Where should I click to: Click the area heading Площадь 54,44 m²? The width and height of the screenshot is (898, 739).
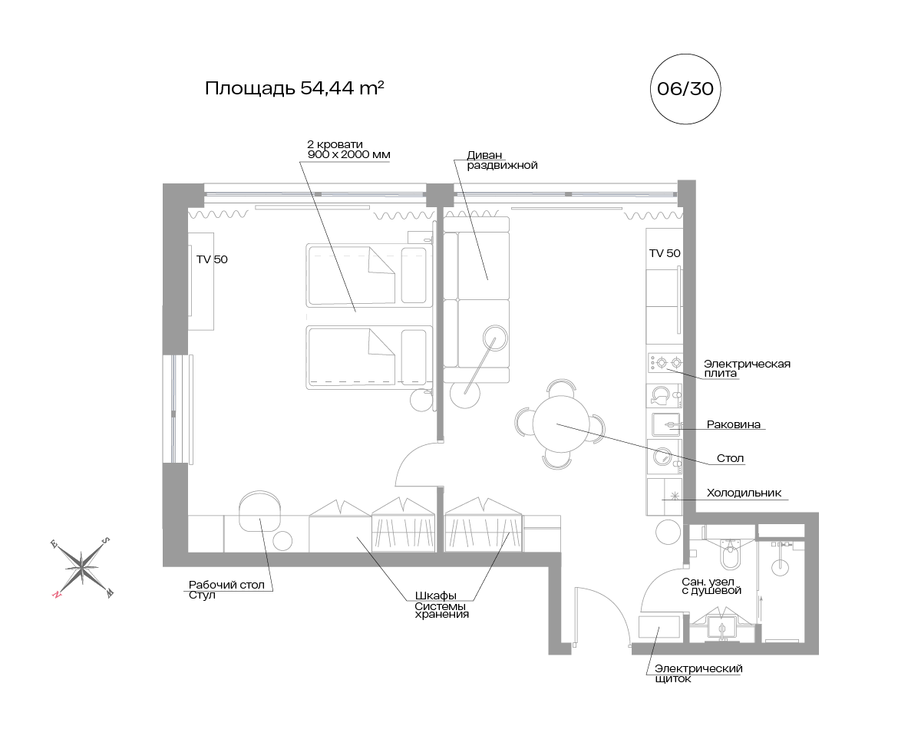pyautogui.click(x=295, y=87)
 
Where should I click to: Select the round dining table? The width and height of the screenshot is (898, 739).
pyautogui.click(x=561, y=424)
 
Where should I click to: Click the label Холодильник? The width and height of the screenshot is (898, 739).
pyautogui.click(x=744, y=493)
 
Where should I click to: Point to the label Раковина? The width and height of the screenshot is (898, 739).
pyautogui.click(x=733, y=424)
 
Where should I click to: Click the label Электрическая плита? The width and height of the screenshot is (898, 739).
pyautogui.click(x=747, y=368)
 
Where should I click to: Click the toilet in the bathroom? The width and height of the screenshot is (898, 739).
pyautogui.click(x=730, y=555)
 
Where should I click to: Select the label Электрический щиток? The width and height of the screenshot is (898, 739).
pyautogui.click(x=698, y=673)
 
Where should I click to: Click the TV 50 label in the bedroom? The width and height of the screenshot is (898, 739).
pyautogui.click(x=212, y=259)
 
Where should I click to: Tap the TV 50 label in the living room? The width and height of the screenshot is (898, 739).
pyautogui.click(x=665, y=253)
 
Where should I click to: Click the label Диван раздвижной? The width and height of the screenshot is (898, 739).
pyautogui.click(x=502, y=160)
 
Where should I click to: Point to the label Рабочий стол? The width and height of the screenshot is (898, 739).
pyautogui.click(x=226, y=585)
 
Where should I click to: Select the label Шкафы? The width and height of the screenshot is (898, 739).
pyautogui.click(x=435, y=596)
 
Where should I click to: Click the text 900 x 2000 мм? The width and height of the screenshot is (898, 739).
pyautogui.click(x=348, y=154)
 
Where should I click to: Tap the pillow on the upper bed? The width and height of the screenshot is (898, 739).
pyautogui.click(x=414, y=275)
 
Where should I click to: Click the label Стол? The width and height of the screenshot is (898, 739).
pyautogui.click(x=730, y=458)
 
